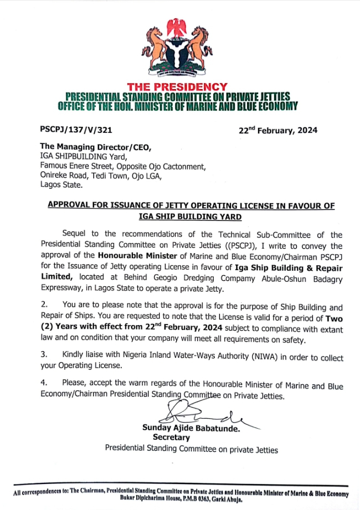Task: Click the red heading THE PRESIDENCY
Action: [x=177, y=86]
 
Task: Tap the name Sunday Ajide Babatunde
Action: [x=191, y=427]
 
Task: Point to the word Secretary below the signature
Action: [x=171, y=437]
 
